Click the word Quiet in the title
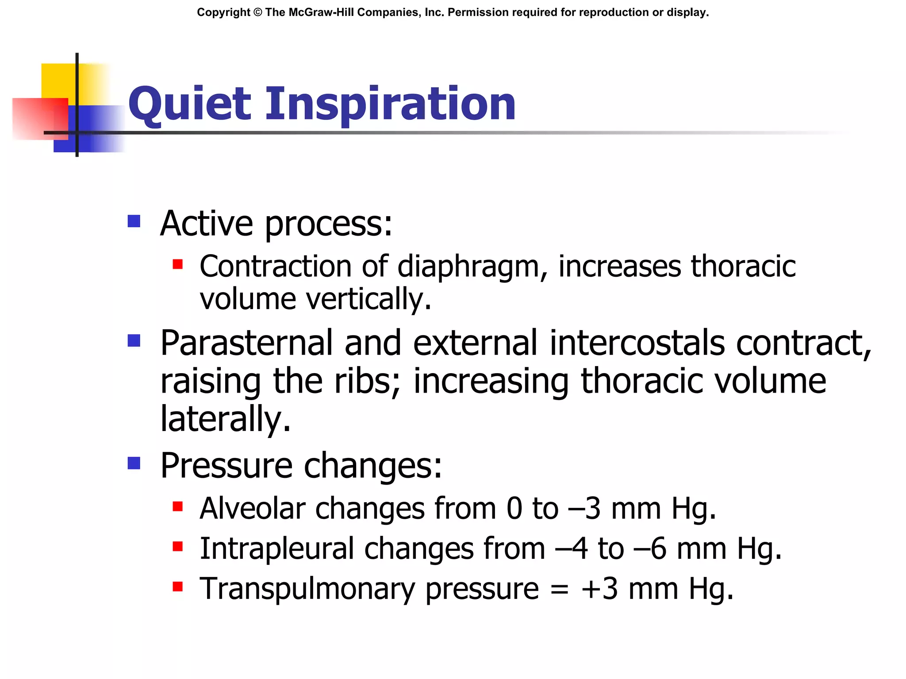tap(190, 104)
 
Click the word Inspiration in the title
tap(390, 104)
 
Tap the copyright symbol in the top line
tap(258, 12)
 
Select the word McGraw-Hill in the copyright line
tap(320, 12)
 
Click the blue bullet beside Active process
tap(134, 221)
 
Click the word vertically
tap(368, 299)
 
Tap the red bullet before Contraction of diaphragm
tap(178, 264)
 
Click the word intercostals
tap(637, 343)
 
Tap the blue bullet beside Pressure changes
tap(134, 463)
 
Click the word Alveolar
tap(252, 508)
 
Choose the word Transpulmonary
tap(307, 589)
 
